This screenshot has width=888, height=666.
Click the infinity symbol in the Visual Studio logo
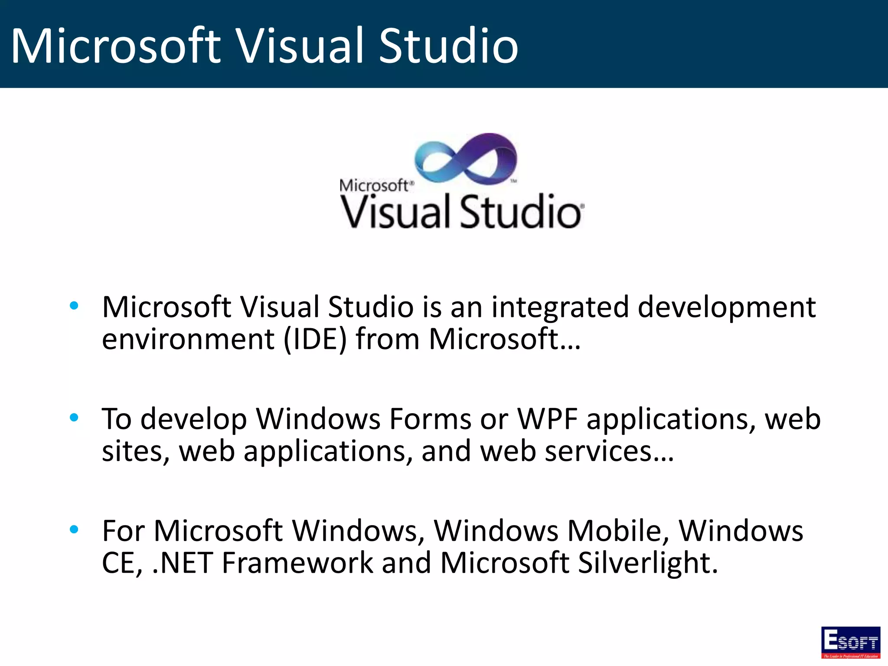[466, 159]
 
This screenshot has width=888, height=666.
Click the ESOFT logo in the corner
[850, 642]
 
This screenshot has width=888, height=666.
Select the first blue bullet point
[74, 305]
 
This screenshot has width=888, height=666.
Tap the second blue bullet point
[74, 418]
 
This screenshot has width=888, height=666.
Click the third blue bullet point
[74, 529]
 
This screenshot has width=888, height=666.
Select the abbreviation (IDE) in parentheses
[315, 339]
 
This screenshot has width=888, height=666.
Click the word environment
[188, 339]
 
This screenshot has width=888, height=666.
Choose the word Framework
[297, 563]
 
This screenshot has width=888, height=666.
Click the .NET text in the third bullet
[183, 563]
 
